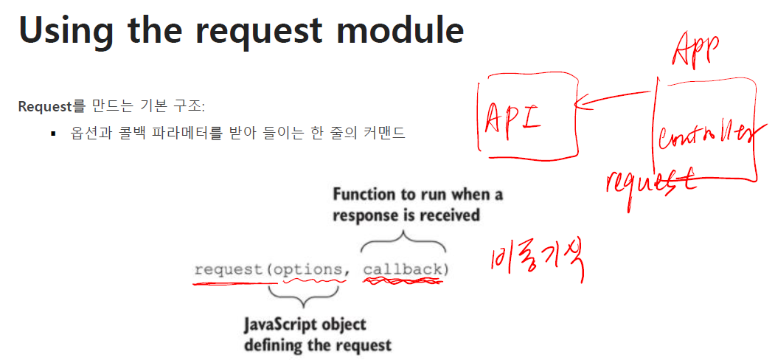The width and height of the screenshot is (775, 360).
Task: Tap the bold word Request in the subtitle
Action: point(44,105)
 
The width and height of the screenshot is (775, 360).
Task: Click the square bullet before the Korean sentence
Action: point(54,135)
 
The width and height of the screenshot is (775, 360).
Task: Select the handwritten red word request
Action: point(650,182)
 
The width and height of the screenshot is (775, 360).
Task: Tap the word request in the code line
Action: point(229,269)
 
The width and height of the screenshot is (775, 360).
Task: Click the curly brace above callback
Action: point(403,241)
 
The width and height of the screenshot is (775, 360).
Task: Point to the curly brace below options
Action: point(304,296)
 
